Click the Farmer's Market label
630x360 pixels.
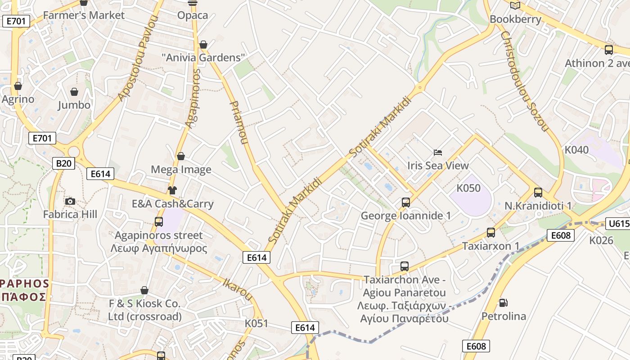[x=84, y=15]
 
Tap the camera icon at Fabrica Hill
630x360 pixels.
[x=70, y=201]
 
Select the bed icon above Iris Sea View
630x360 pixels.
[x=438, y=153]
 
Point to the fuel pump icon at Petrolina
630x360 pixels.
[x=504, y=303]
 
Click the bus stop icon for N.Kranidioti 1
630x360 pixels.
[x=538, y=193]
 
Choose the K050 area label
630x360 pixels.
[x=468, y=188]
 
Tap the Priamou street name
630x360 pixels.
[x=238, y=122]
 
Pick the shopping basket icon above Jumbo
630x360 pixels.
[x=74, y=92]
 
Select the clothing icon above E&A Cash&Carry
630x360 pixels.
[x=172, y=190]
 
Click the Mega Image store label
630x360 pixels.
[x=181, y=170]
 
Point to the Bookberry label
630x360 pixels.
[x=515, y=19]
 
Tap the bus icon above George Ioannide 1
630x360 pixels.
[x=406, y=202]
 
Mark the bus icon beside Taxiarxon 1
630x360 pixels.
[x=491, y=233]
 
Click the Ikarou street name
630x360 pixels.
[x=238, y=289]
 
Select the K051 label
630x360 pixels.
[x=256, y=323]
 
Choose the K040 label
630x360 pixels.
[x=576, y=150]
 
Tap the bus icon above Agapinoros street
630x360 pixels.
[x=159, y=221]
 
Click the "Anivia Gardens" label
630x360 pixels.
[x=203, y=58]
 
